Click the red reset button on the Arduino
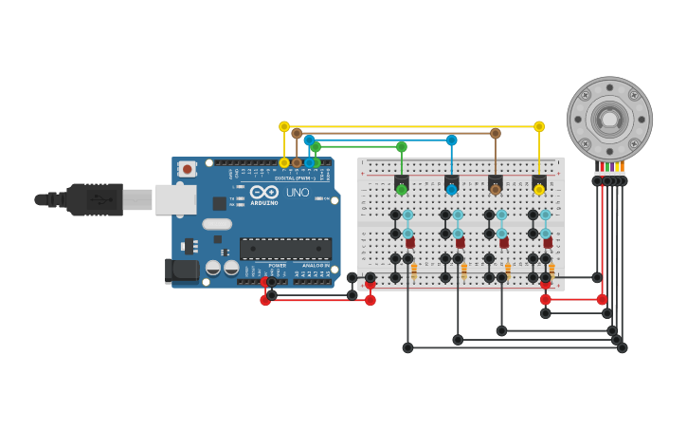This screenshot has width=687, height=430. pos(188,169)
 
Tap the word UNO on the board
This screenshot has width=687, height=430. pos(297,193)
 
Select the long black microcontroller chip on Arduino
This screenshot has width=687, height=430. pos(285,248)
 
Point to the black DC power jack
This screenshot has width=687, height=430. pos(182,271)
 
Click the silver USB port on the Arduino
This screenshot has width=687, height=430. pos(175,199)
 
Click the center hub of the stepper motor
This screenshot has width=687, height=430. pos(609,119)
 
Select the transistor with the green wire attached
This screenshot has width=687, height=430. pos(402,181)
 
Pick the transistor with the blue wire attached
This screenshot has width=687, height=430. pos(452,181)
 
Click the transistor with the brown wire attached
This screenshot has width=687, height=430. pos(495,181)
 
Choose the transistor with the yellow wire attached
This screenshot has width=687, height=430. pos(539,181)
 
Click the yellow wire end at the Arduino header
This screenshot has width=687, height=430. pos(284,162)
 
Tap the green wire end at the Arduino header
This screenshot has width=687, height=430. pos(316,161)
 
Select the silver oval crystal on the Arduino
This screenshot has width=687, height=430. pos(217,224)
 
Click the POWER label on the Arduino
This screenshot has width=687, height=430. pos(277,266)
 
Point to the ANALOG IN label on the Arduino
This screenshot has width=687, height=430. pos(316,266)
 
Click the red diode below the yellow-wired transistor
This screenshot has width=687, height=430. pos(548,243)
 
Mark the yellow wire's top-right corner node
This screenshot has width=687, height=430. pos(539,126)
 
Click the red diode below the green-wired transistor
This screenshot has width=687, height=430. pos(410,243)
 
